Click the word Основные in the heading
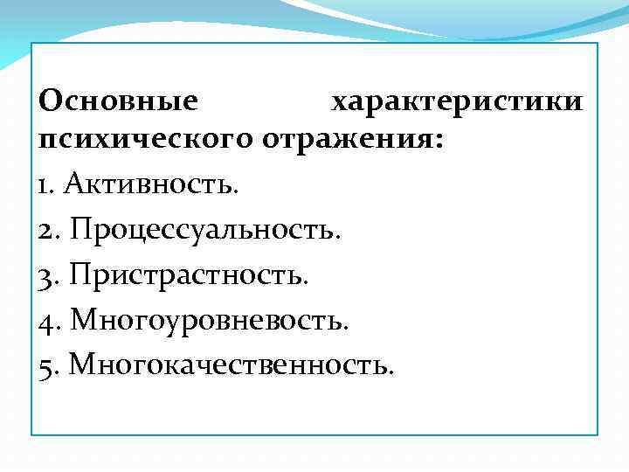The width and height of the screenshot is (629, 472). pyautogui.click(x=118, y=101)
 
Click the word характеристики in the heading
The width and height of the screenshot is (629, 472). pyautogui.click(x=456, y=101)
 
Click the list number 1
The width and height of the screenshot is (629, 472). pyautogui.click(x=45, y=185)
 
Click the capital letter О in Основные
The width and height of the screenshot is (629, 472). pyautogui.click(x=52, y=101)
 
